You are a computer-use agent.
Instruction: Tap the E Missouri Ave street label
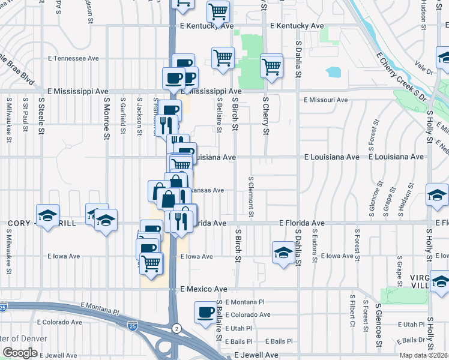click(325, 100)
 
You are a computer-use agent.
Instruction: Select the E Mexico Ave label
click(204, 289)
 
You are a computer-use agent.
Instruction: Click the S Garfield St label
click(122, 112)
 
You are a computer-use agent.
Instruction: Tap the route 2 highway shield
click(176, 328)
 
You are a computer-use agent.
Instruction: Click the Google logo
click(20, 353)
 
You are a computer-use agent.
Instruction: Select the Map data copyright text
click(424, 355)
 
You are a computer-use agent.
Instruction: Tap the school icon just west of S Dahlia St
click(283, 251)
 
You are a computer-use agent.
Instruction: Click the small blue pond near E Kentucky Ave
click(333, 73)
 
